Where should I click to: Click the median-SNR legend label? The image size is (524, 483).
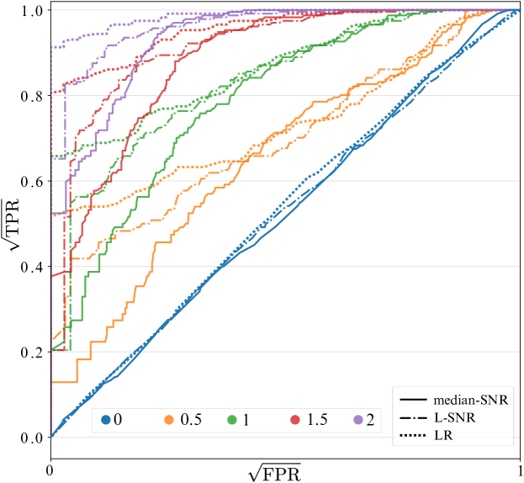[x=471, y=400]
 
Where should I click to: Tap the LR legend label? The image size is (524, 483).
[x=446, y=435]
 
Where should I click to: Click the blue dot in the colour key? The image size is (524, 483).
[x=105, y=420]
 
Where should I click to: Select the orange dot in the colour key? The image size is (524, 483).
[x=169, y=420]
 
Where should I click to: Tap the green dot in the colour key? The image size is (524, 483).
[x=232, y=420]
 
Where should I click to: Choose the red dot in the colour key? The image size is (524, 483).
[x=295, y=420]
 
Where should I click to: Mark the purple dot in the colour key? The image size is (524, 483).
[x=358, y=420]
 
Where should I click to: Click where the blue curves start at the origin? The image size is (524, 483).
[x=52, y=437]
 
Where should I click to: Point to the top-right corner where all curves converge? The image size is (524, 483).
[x=521, y=10]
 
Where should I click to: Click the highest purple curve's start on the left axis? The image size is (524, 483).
[x=53, y=47]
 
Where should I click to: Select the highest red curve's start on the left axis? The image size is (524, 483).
[x=53, y=93]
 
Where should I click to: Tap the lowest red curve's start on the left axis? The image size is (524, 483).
[x=53, y=274]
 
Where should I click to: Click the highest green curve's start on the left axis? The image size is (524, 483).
[x=53, y=156]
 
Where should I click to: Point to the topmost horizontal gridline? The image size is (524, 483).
[x=286, y=10]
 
